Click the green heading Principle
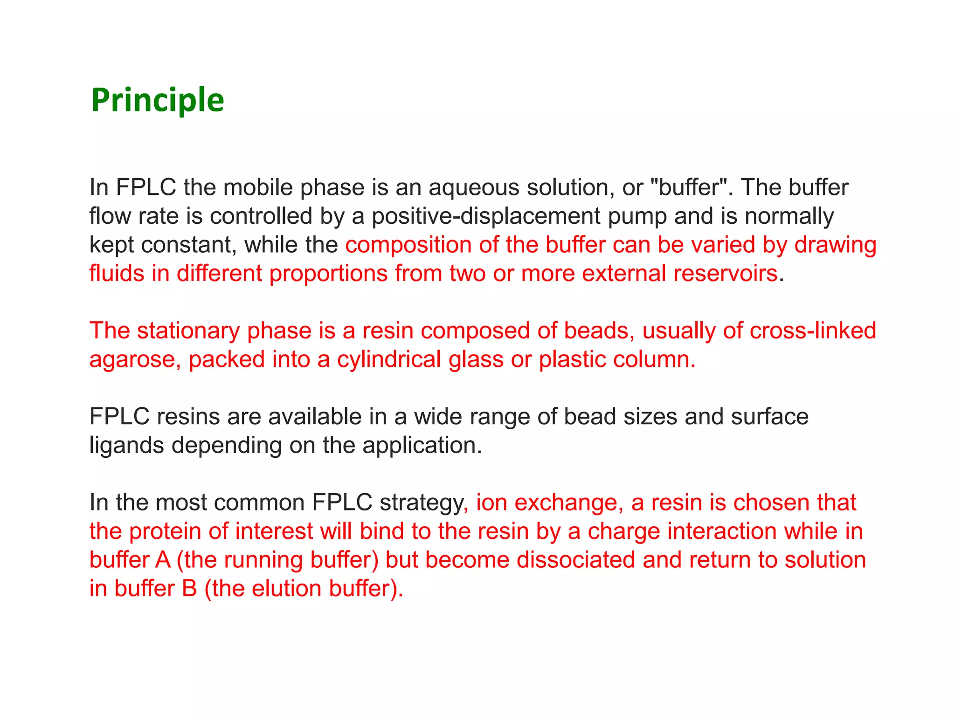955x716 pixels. tap(158, 100)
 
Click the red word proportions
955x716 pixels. tap(328, 274)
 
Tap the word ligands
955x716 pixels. tap(126, 446)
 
